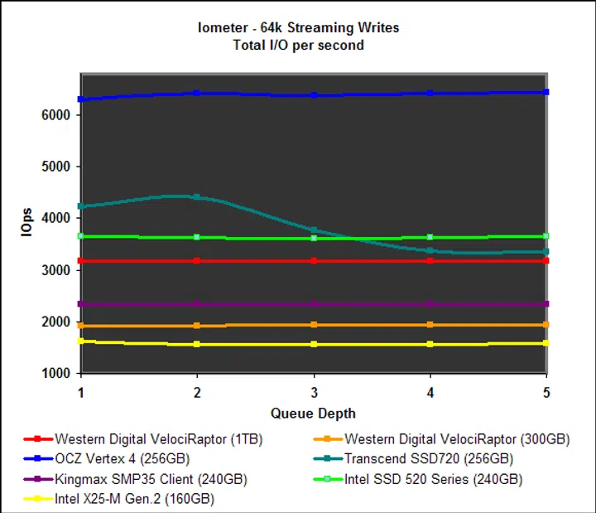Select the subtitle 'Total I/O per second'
(x=298, y=45)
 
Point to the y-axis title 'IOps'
(x=27, y=224)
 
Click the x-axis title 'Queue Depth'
(x=312, y=412)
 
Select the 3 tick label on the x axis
(x=313, y=390)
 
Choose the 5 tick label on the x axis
(x=546, y=390)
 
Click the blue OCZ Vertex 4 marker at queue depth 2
(x=197, y=93)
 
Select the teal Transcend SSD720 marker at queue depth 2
(x=197, y=197)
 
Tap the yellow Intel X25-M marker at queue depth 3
(x=313, y=344)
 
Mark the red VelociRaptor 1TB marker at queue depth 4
(x=430, y=261)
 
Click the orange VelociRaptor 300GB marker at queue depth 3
(x=313, y=325)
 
